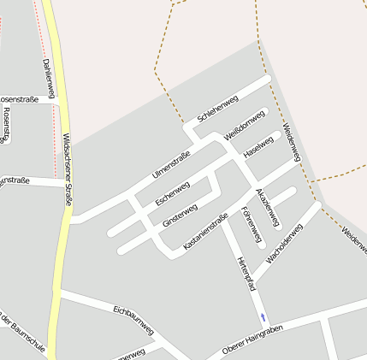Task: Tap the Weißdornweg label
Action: coord(245,126)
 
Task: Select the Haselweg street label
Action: coord(262,145)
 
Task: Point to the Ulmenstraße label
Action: coord(170,164)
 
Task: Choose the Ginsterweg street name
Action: coord(180,215)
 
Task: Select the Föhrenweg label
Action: coord(252,224)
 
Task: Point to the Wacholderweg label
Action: coord(285,242)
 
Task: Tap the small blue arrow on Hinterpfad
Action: coord(263,318)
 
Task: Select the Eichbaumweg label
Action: coord(133,317)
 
